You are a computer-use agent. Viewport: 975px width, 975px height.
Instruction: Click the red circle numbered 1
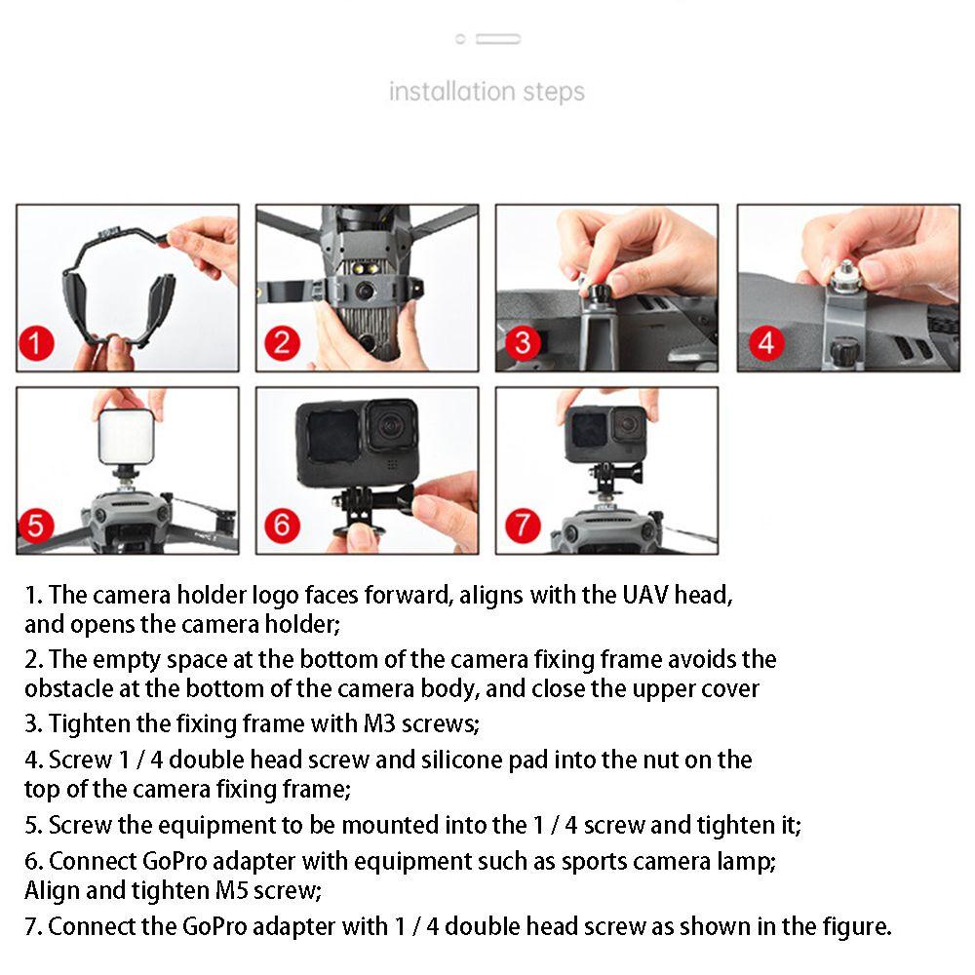36,343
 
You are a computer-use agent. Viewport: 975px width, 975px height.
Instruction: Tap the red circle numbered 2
282,343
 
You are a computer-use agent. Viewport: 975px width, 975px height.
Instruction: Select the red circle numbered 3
523,343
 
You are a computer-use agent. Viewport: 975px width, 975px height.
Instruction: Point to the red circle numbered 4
765,343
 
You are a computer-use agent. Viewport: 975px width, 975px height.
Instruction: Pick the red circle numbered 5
36,526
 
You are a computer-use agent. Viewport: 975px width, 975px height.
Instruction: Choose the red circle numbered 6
282,526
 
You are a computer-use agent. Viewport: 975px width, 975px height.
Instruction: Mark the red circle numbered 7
523,526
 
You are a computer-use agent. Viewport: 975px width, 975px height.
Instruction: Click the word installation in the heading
452,92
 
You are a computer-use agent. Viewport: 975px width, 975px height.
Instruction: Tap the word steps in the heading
554,93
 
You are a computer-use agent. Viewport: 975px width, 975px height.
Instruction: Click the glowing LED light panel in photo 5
126,436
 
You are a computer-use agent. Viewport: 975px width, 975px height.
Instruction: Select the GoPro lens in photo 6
391,425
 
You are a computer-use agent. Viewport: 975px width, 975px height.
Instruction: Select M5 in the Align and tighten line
231,890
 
